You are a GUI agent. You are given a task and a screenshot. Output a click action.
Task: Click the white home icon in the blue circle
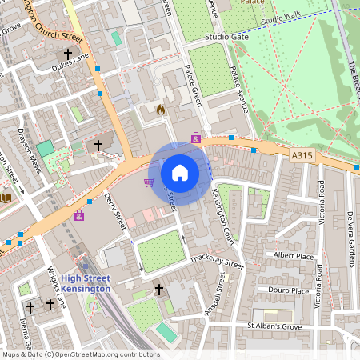pyautogui.click(x=180, y=173)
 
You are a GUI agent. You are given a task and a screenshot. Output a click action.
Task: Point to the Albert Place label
pyautogui.click(x=294, y=255)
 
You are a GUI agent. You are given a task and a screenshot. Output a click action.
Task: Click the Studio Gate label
pyautogui.click(x=227, y=37)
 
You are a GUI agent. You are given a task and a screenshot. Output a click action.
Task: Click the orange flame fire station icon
pyautogui.click(x=160, y=109)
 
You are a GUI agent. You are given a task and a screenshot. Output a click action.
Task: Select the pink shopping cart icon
pyautogui.click(x=149, y=182)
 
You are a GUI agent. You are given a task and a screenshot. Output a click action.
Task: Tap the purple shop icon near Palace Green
pyautogui.click(x=196, y=138)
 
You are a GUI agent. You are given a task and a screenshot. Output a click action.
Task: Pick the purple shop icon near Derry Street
pyautogui.click(x=79, y=215)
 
